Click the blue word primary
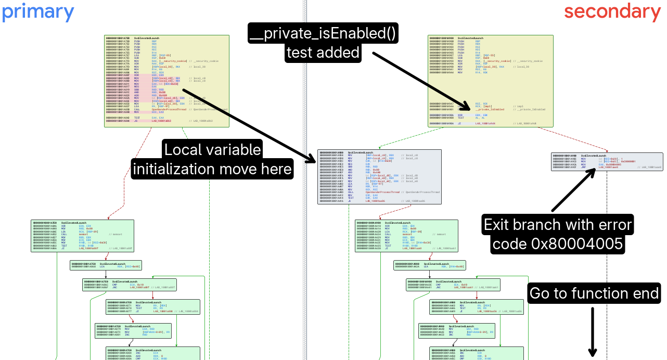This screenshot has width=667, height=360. (38, 11)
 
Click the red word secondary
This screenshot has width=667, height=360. (612, 11)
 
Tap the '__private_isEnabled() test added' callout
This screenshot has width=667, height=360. (323, 43)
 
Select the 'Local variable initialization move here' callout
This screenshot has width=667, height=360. (212, 159)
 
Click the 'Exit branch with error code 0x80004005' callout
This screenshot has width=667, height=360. (557, 234)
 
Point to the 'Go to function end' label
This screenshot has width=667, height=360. (594, 293)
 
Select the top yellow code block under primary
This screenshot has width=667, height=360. (166, 81)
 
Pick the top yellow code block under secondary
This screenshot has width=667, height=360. (490, 81)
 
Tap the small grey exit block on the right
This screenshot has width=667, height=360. (607, 161)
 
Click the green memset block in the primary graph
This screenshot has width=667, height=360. (82, 236)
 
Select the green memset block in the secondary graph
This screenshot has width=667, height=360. (406, 236)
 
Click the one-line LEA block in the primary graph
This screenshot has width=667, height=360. (106, 265)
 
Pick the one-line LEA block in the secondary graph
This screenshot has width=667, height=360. (429, 265)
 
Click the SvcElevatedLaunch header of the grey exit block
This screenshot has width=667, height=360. (594, 156)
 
